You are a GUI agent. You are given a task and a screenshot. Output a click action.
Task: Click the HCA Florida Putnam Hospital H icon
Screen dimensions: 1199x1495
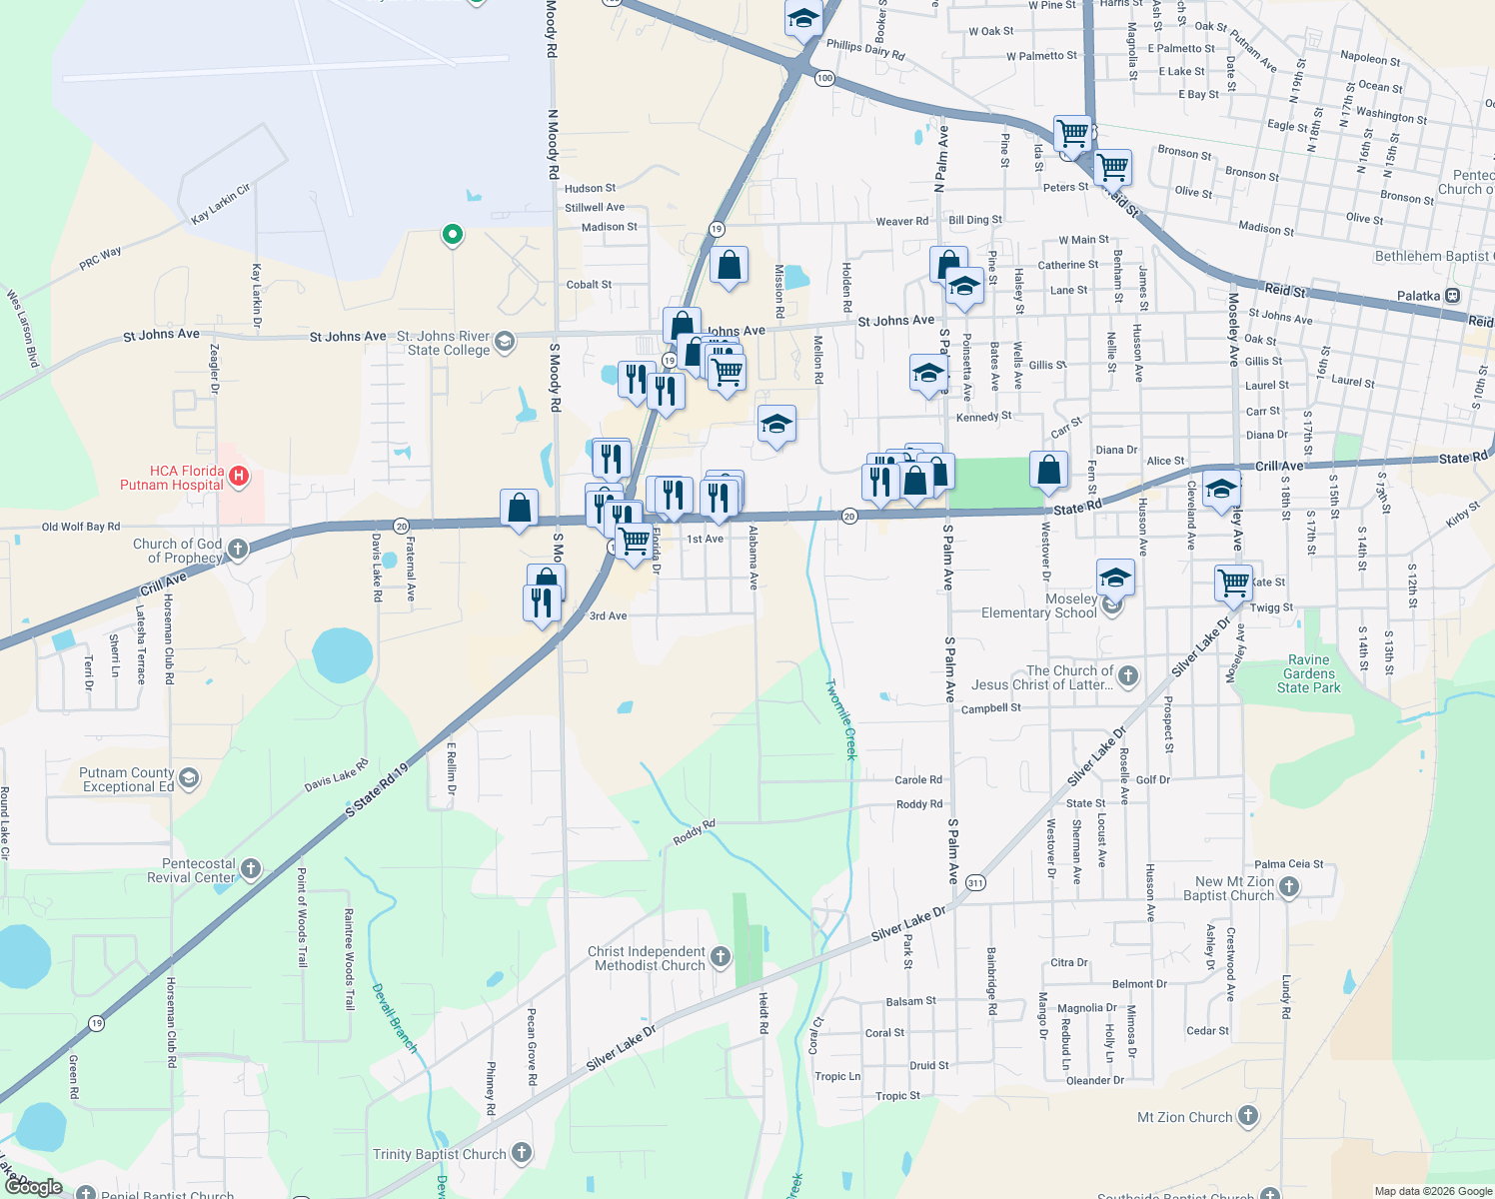tap(239, 477)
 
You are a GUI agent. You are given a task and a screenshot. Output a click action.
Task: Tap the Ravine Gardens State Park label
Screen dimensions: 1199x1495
tap(1308, 673)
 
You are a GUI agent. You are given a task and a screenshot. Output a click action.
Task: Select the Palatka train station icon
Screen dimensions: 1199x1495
tap(1452, 296)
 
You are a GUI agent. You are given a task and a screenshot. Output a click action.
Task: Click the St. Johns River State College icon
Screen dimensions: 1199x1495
tap(505, 342)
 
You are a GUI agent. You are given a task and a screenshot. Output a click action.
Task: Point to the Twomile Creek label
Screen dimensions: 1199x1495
tap(841, 719)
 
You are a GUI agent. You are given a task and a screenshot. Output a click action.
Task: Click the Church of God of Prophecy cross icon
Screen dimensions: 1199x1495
tap(238, 549)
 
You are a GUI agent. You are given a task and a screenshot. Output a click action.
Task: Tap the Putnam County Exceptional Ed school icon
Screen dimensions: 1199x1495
tap(189, 778)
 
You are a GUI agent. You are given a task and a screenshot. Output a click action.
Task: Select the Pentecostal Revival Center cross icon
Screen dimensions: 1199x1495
tap(251, 869)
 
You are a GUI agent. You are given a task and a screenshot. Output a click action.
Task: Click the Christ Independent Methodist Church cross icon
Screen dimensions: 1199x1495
tap(720, 957)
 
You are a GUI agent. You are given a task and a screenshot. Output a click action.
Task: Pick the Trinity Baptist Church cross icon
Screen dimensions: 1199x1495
tap(521, 1153)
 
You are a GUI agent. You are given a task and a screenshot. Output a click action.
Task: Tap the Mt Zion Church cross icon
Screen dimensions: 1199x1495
tap(1248, 1116)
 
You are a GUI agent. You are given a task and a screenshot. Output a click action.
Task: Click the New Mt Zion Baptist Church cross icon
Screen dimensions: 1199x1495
tap(1289, 886)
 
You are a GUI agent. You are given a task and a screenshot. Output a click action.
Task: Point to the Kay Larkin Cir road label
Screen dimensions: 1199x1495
tap(221, 204)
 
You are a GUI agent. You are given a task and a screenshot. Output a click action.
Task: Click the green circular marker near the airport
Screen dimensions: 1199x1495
tap(453, 235)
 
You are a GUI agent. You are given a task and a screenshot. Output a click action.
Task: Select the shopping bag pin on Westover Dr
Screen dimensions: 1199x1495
tap(1049, 470)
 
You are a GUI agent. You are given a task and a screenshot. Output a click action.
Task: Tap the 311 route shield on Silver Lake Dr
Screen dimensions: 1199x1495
tap(975, 882)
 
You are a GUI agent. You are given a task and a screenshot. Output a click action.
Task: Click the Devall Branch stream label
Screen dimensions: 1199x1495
tap(394, 1018)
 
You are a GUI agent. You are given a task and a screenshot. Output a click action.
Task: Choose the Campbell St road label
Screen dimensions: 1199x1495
tap(990, 708)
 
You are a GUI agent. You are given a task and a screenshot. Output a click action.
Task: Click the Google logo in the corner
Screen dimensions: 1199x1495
tap(34, 1186)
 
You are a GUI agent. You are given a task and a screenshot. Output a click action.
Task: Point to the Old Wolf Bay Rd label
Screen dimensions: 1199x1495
tap(81, 527)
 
